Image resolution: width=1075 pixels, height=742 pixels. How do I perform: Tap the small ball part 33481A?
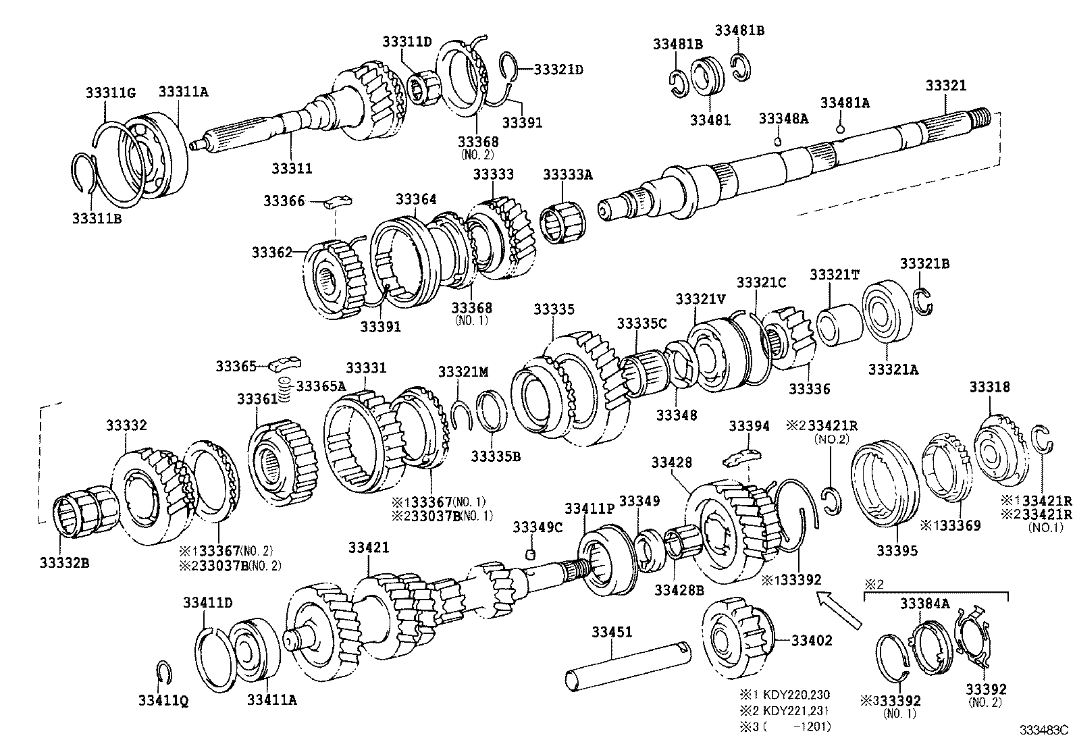click(x=840, y=129)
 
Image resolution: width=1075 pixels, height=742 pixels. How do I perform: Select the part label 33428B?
click(x=679, y=589)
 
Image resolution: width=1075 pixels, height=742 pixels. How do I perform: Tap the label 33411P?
click(x=589, y=508)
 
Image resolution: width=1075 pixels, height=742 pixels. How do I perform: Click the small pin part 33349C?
click(x=531, y=554)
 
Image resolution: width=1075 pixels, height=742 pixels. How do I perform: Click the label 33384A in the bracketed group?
click(x=924, y=604)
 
